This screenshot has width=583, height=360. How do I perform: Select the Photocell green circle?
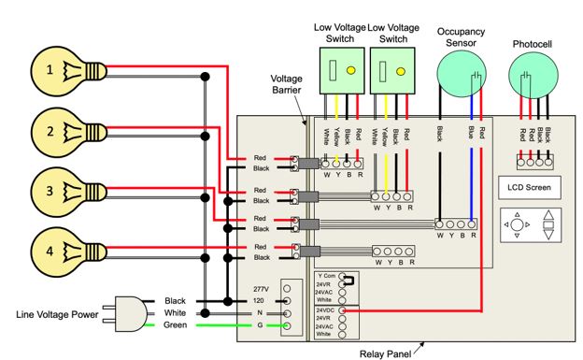533,74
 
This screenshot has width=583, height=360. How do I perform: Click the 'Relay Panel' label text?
385,353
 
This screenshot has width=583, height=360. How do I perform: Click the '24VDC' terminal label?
325,310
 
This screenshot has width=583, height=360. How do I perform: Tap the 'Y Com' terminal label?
327,276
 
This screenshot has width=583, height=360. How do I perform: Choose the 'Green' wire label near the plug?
178,325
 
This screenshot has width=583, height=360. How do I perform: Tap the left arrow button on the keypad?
505,224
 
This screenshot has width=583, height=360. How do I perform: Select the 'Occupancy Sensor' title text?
464,36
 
